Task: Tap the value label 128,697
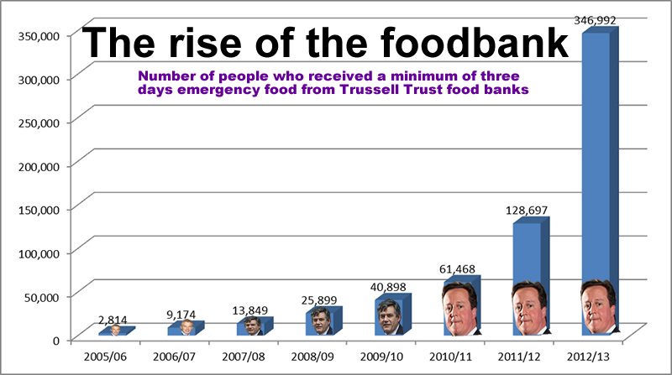tap(526, 210)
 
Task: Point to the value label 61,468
tap(459, 268)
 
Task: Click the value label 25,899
tap(321, 301)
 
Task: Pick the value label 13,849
tap(252, 311)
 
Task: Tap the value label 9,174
tap(184, 315)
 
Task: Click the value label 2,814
tap(115, 320)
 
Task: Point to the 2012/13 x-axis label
tap(596, 356)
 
